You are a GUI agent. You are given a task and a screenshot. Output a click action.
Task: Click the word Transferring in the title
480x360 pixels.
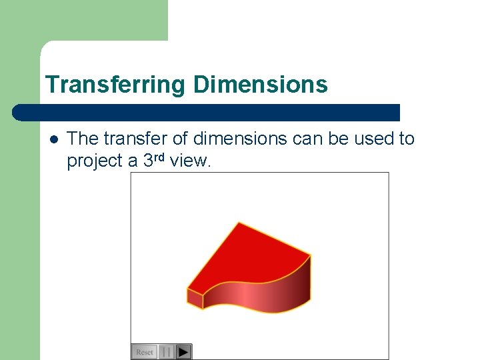[116, 85]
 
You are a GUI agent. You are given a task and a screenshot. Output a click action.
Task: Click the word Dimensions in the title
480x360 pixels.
[261, 85]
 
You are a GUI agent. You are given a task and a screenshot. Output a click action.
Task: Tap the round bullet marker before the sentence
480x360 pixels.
[53, 139]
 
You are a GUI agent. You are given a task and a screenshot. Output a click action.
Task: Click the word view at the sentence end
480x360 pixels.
[191, 161]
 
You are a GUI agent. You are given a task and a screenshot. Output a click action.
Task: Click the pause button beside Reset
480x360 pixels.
[167, 351]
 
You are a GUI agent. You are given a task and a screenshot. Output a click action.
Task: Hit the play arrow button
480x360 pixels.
[184, 351]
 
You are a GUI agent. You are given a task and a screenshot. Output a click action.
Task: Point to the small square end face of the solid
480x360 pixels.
[195, 298]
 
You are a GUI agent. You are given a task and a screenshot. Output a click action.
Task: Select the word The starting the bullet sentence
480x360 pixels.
[82, 139]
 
